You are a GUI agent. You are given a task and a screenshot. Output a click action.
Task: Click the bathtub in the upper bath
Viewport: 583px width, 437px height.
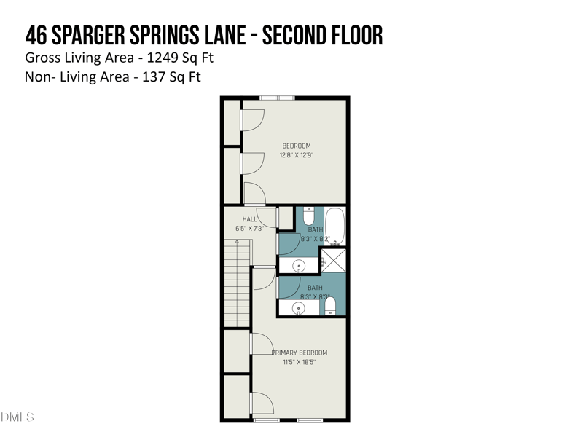pyautogui.click(x=336, y=227)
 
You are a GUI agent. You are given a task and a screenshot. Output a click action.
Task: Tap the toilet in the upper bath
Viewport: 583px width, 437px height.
pyautogui.click(x=308, y=216)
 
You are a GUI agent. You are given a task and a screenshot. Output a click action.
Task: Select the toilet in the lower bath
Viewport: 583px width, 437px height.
pyautogui.click(x=329, y=307)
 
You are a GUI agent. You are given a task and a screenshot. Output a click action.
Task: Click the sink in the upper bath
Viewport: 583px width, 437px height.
pyautogui.click(x=299, y=265)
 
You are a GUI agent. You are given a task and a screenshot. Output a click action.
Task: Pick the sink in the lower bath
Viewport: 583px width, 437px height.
pyautogui.click(x=299, y=308)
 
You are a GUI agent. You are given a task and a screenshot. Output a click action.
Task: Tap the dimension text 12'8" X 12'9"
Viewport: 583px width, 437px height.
pyautogui.click(x=297, y=155)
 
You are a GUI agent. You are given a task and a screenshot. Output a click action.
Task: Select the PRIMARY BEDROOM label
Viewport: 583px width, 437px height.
pyautogui.click(x=300, y=353)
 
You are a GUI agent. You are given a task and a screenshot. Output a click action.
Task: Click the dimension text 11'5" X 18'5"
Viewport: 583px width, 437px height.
pyautogui.click(x=300, y=362)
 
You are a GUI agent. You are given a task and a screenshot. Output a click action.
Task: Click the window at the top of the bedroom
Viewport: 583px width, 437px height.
pyautogui.click(x=278, y=98)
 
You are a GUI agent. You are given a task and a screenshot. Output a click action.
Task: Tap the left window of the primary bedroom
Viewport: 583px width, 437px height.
pyautogui.click(x=266, y=420)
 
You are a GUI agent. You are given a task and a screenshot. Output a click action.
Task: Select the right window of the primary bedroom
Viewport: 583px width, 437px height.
pyautogui.click(x=310, y=420)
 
